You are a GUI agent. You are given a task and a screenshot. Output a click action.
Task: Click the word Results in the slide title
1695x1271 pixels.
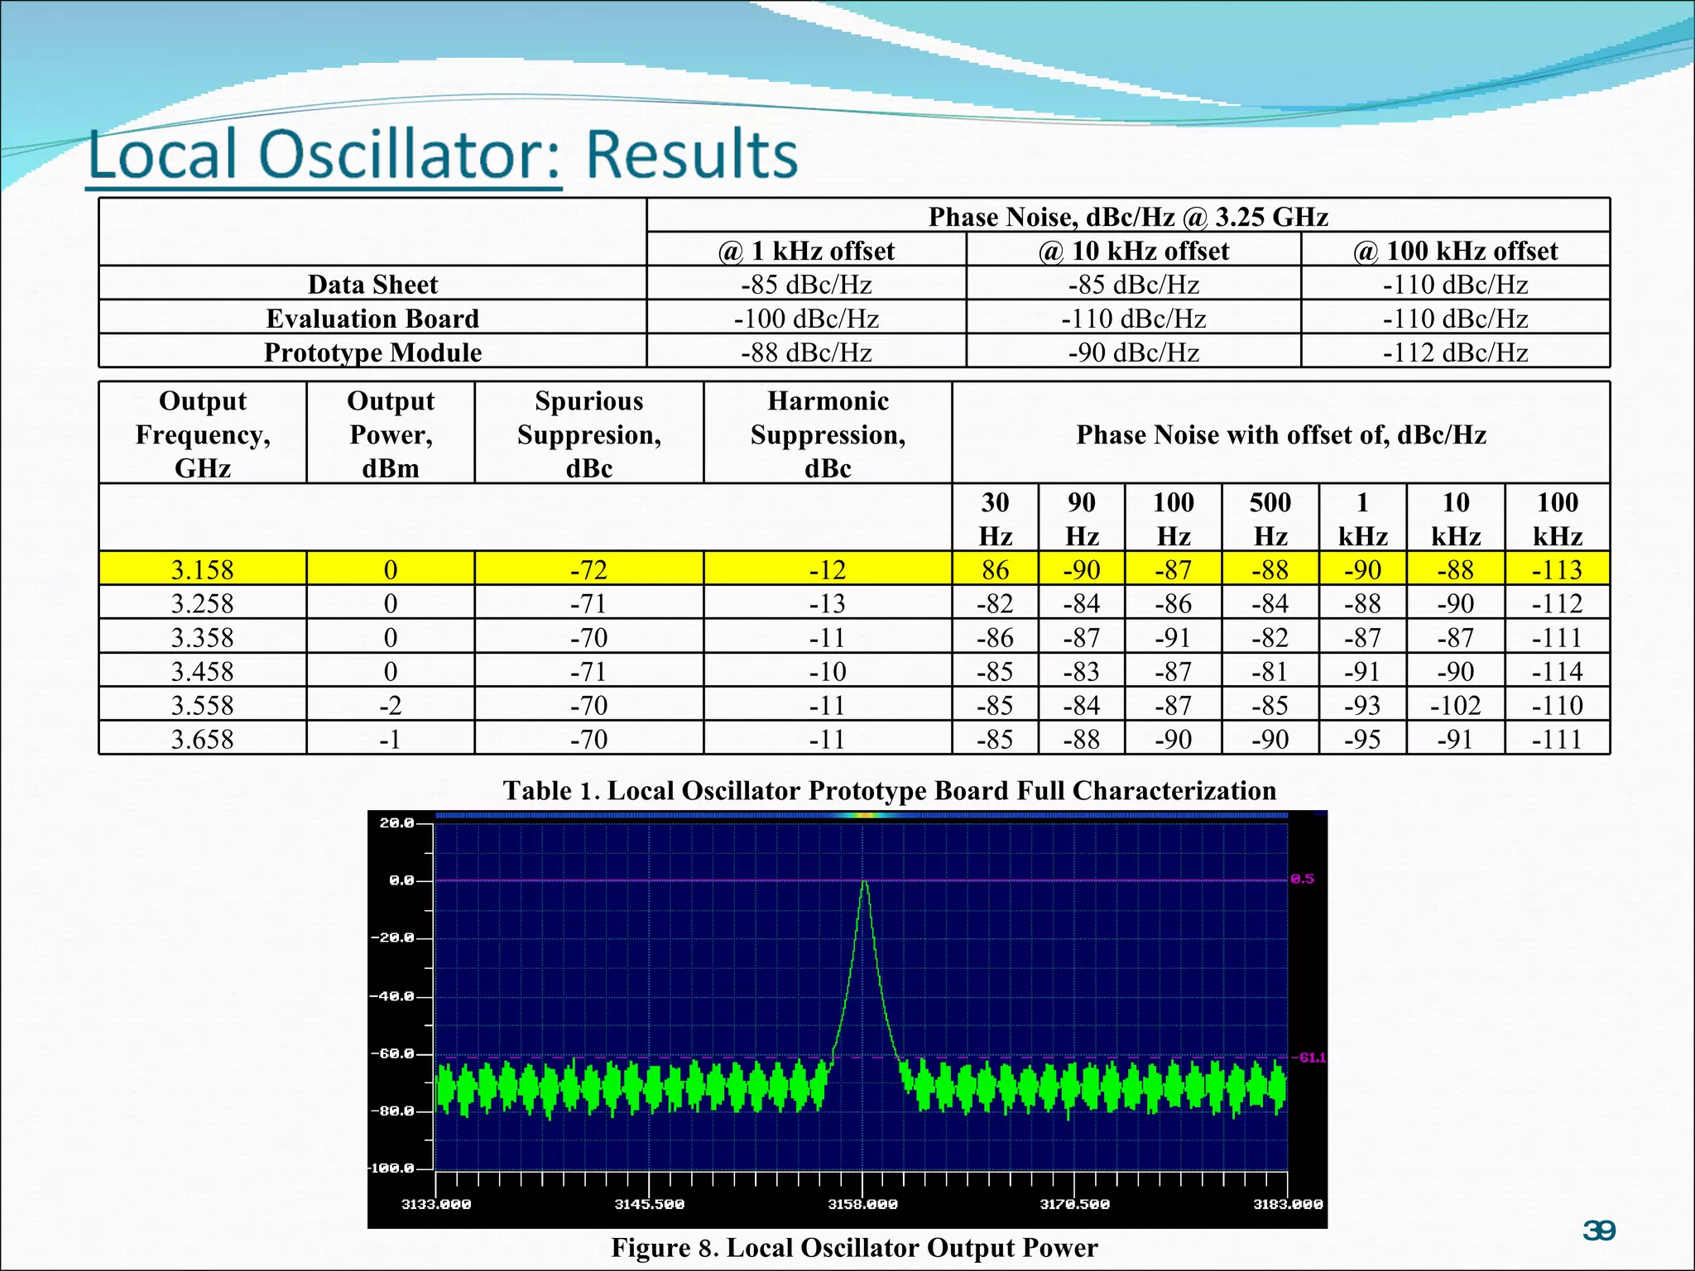coord(692,155)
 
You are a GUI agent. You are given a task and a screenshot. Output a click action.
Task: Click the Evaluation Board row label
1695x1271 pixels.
coord(372,319)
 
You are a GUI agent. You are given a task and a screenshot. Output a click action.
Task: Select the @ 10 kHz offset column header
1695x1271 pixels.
coord(1133,251)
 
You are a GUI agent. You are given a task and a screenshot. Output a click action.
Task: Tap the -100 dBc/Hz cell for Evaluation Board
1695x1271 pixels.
coord(806,319)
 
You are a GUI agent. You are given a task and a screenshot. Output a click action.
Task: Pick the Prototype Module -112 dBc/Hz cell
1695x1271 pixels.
coord(1455,353)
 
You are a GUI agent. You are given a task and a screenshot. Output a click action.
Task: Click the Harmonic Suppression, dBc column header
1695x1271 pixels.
coord(828,434)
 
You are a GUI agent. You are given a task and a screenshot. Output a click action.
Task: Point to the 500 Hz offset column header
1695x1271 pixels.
coord(1270,519)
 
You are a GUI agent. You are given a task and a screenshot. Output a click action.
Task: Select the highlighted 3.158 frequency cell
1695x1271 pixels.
coord(202,569)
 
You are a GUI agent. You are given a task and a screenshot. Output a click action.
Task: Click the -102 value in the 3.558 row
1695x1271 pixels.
coord(1455,705)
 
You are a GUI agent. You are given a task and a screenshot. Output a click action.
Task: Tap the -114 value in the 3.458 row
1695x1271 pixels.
coord(1557,671)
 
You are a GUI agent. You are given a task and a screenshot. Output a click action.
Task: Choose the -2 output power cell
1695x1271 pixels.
coord(390,705)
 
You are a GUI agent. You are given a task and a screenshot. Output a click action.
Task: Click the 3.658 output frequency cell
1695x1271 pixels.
coord(202,739)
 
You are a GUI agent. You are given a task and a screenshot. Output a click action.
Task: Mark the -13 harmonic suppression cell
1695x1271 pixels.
coord(828,603)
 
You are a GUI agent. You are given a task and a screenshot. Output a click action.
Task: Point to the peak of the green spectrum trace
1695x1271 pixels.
coord(864,883)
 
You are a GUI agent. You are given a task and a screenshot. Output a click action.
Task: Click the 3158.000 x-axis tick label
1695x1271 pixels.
coord(862,1204)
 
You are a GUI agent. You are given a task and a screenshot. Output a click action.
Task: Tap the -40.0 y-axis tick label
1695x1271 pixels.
coord(391,996)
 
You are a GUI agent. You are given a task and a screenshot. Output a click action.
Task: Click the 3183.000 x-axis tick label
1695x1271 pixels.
coord(1288,1204)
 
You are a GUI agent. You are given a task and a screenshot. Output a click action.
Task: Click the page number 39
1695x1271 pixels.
coord(1598,1230)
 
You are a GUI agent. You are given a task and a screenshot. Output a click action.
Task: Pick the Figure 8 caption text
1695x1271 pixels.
coord(854,1248)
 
